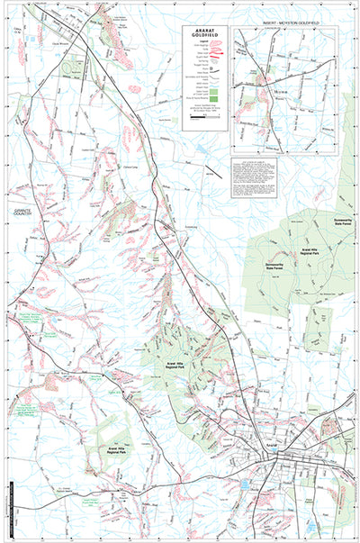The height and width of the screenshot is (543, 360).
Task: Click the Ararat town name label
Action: [274, 444]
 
